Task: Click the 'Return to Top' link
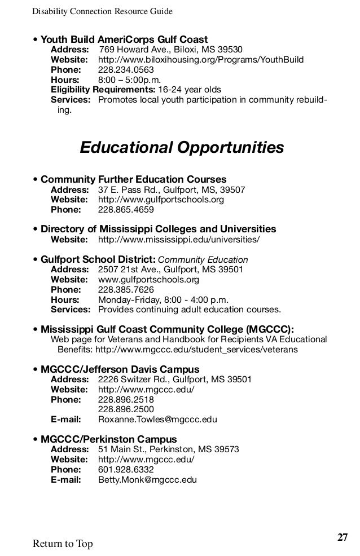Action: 63,544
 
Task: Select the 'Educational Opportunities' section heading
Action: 182,148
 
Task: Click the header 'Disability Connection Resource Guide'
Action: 102,11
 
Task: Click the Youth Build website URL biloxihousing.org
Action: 201,60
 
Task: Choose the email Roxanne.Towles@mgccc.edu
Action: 157,420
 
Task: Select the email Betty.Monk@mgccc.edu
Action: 147,480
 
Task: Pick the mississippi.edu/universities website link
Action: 179,240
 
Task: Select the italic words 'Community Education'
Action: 203,260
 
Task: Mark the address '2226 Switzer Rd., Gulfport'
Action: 175,380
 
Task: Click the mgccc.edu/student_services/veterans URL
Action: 196,350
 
